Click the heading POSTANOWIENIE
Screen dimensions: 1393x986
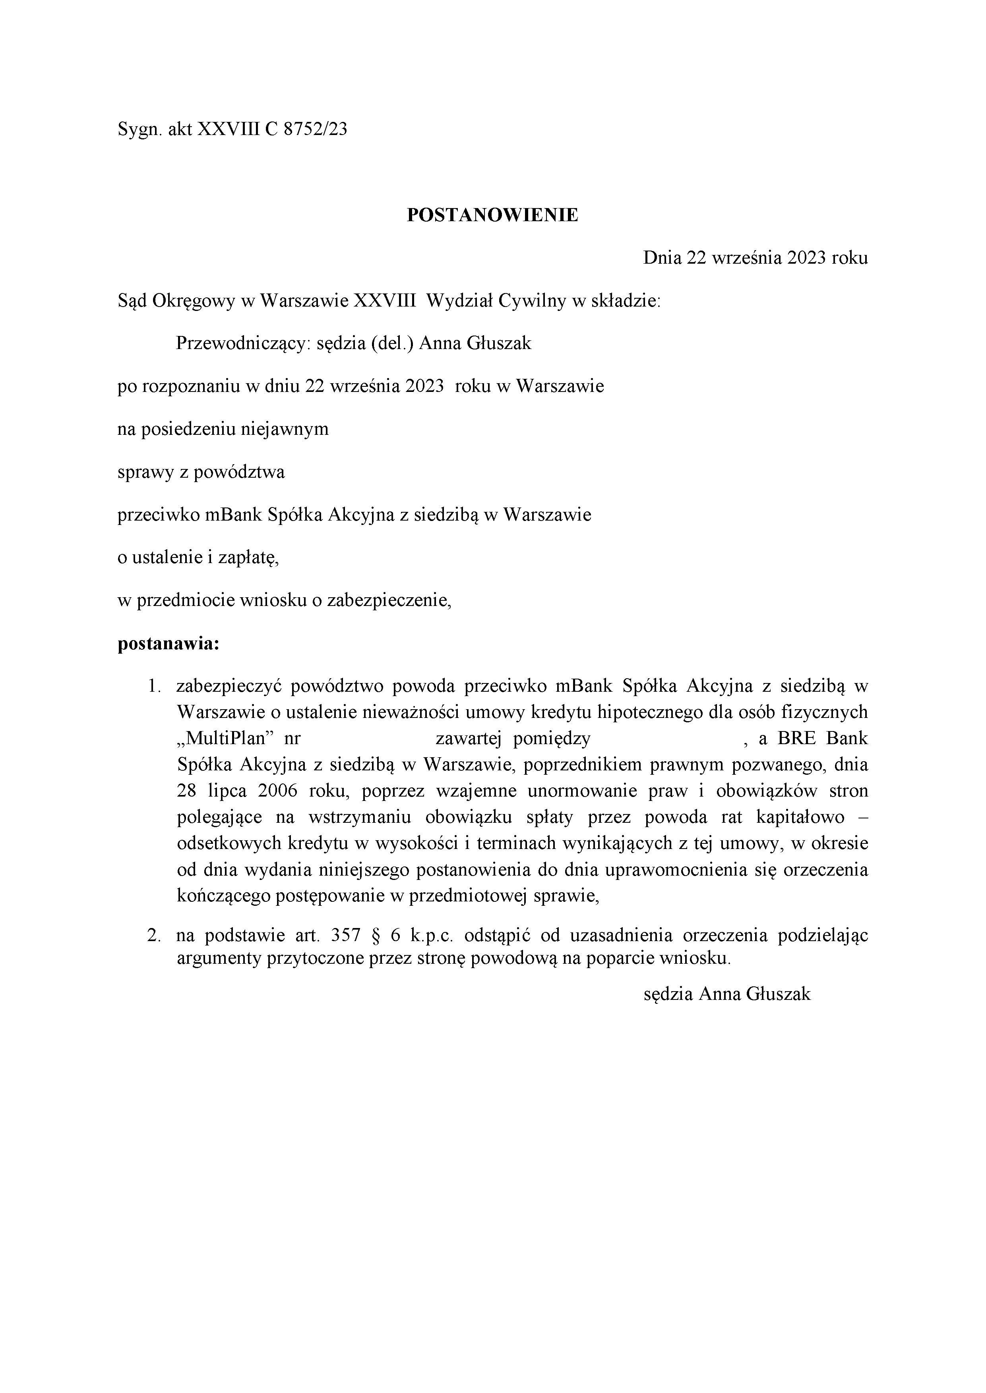pos(492,215)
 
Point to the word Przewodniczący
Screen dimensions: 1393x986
pos(243,344)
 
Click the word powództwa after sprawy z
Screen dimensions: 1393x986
pos(239,473)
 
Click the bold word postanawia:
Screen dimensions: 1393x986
pos(168,644)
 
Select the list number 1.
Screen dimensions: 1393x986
pos(153,687)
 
